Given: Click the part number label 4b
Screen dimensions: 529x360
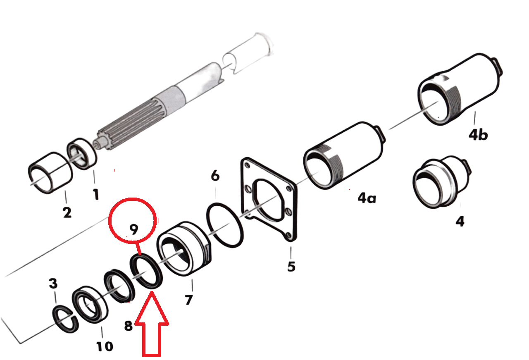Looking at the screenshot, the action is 478,135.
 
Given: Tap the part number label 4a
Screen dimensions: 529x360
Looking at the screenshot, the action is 367,198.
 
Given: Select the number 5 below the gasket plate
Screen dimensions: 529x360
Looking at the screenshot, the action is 291,266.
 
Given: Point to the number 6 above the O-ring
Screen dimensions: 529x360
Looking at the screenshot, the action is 215,176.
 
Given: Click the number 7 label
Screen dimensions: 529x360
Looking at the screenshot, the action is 189,300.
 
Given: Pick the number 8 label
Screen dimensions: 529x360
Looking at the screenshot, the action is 128,326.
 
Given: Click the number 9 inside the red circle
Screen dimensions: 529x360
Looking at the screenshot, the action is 133,229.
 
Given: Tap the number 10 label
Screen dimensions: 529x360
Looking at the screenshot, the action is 105,346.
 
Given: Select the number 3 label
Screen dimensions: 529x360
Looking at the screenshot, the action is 53,284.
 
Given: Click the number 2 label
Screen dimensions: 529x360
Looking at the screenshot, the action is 67,212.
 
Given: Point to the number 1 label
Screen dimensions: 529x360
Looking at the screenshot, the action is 95,194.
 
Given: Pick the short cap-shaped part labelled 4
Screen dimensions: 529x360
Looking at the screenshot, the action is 441,182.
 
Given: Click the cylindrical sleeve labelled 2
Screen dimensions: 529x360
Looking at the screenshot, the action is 50,173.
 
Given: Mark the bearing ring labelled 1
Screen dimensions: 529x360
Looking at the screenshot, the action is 81,154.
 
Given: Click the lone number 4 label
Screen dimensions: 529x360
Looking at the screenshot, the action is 460,222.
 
